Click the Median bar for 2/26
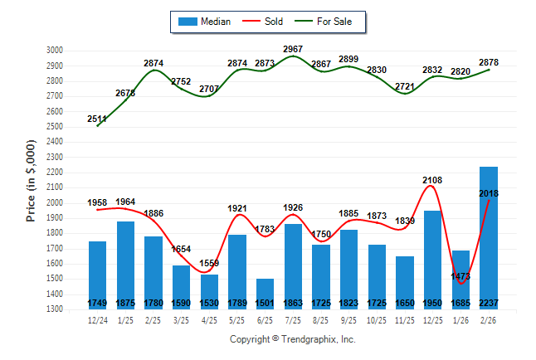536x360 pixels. pos(489,237)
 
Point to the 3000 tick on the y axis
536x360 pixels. pos(54,51)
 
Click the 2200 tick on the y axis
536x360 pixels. pos(54,173)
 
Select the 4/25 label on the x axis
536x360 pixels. pos(209,319)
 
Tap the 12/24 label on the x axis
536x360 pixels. pos(98,319)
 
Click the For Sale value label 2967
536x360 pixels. pos(293,49)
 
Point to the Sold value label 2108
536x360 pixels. pos(433,179)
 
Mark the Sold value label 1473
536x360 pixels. pos(460,275)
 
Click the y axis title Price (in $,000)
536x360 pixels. pos(31,180)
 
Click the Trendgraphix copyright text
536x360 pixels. pos(292,339)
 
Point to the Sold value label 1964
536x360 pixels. pos(125,202)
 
